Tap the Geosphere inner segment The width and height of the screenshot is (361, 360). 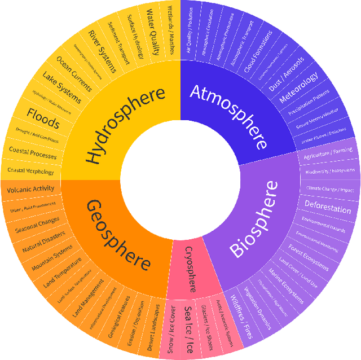point(118,234)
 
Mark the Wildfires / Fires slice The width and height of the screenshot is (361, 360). point(240,314)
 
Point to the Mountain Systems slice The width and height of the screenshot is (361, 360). point(52,257)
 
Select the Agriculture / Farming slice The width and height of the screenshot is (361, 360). point(328,152)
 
